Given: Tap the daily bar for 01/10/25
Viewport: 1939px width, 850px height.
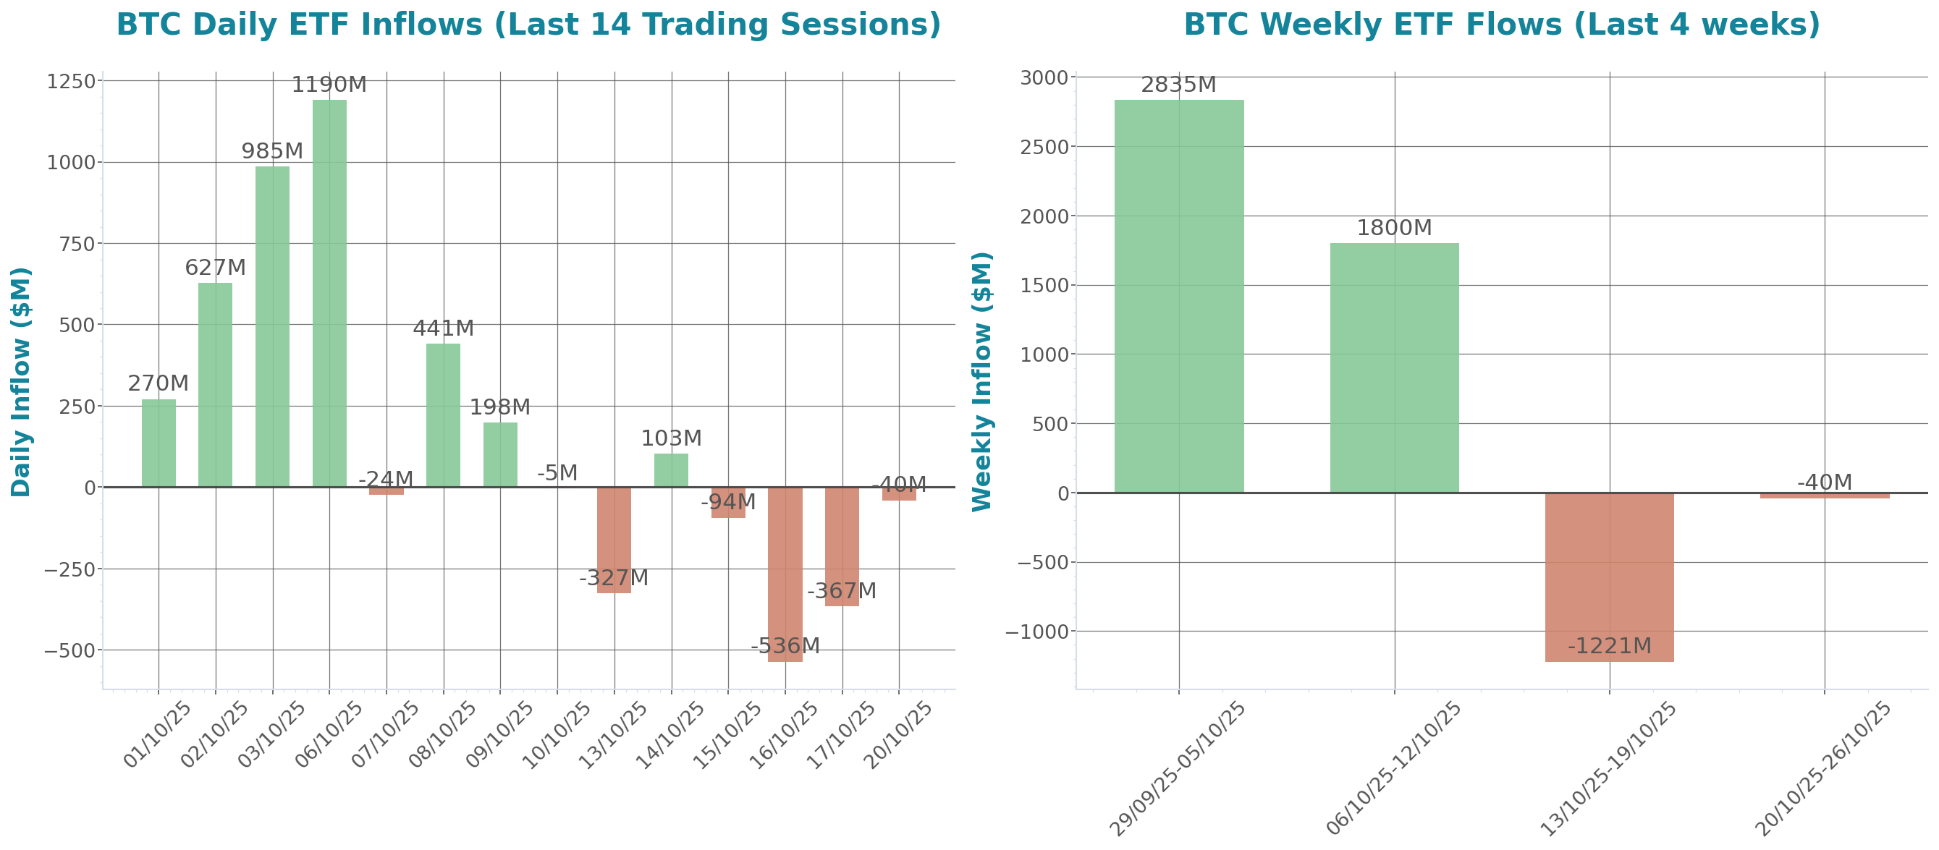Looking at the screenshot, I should pos(159,443).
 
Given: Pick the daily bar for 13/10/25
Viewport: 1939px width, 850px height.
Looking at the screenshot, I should pos(614,540).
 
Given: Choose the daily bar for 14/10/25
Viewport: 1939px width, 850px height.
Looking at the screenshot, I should pos(671,470).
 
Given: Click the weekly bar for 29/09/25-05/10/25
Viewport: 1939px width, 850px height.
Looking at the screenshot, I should pos(1179,297).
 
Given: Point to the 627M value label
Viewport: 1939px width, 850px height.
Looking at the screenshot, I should pos(215,268).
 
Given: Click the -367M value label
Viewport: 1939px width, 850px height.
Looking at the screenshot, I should pos(842,591).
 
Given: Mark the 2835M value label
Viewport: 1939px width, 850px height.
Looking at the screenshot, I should pos(1178,86).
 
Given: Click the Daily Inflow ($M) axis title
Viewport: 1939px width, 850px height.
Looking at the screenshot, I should pos(21,382).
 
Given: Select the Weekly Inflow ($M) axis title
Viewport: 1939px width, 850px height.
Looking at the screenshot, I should pos(982,382).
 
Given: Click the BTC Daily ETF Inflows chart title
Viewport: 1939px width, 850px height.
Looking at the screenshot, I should pos(528,25).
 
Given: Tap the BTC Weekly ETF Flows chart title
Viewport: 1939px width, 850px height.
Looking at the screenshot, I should pos(1502,25).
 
